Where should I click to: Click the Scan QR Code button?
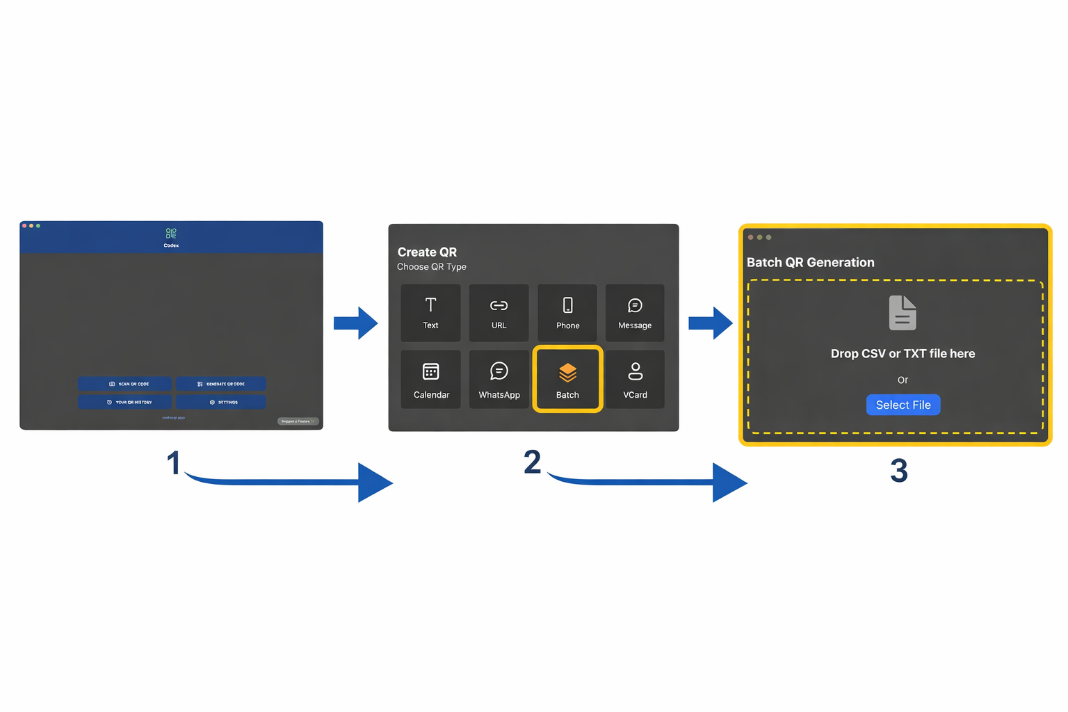[x=124, y=384]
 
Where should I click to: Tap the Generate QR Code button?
[x=220, y=384]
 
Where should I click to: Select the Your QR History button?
[x=124, y=402]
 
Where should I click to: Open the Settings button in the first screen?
[x=220, y=402]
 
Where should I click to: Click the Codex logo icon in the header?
[x=171, y=234]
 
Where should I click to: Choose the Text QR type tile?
[x=430, y=313]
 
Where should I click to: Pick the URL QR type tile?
[x=499, y=313]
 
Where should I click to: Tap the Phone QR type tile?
[x=567, y=313]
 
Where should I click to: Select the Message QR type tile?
[x=635, y=313]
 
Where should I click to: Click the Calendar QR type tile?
[x=430, y=380]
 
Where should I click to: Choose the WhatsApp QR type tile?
[x=499, y=380]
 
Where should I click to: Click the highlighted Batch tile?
[x=567, y=380]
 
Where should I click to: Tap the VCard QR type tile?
[x=635, y=380]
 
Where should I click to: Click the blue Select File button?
[x=903, y=405]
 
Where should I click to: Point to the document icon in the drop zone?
[x=903, y=313]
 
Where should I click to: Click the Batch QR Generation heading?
[x=810, y=262]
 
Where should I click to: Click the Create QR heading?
[x=427, y=252]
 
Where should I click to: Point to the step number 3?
[x=898, y=471]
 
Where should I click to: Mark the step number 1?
[x=173, y=463]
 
